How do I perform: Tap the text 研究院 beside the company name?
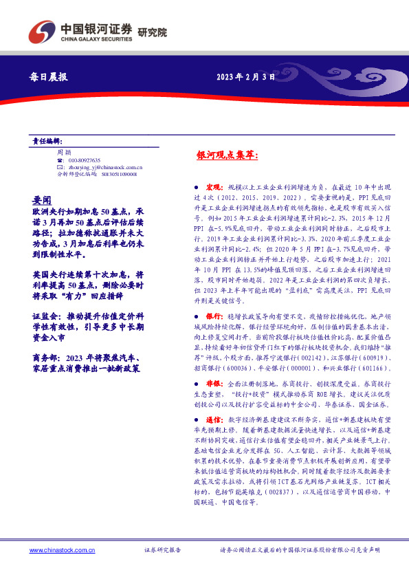point(152,32)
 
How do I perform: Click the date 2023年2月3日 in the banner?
point(245,78)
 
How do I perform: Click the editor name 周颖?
point(64,152)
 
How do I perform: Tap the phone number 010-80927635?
point(84,160)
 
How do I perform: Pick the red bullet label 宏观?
point(213,187)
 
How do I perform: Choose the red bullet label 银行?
point(213,314)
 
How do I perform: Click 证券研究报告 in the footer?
point(163,551)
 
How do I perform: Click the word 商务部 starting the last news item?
point(46,357)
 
